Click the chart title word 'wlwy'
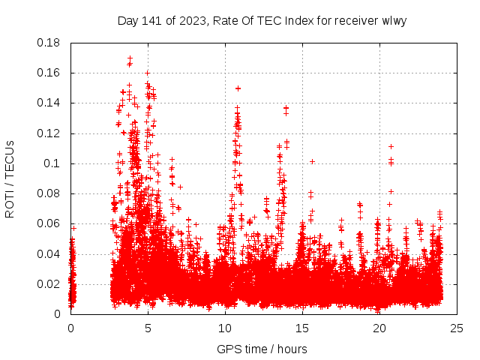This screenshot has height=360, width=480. click(x=393, y=21)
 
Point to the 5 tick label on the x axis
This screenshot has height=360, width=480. click(x=148, y=328)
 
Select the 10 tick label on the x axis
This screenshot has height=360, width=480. click(x=225, y=328)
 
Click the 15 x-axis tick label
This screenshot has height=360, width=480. click(x=302, y=328)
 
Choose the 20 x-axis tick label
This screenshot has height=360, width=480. click(x=379, y=328)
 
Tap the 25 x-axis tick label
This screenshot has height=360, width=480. click(x=457, y=328)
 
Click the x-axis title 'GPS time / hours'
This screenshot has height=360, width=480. click(x=262, y=349)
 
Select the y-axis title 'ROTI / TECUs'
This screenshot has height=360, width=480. click(x=10, y=178)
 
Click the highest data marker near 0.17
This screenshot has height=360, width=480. click(x=130, y=58)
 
